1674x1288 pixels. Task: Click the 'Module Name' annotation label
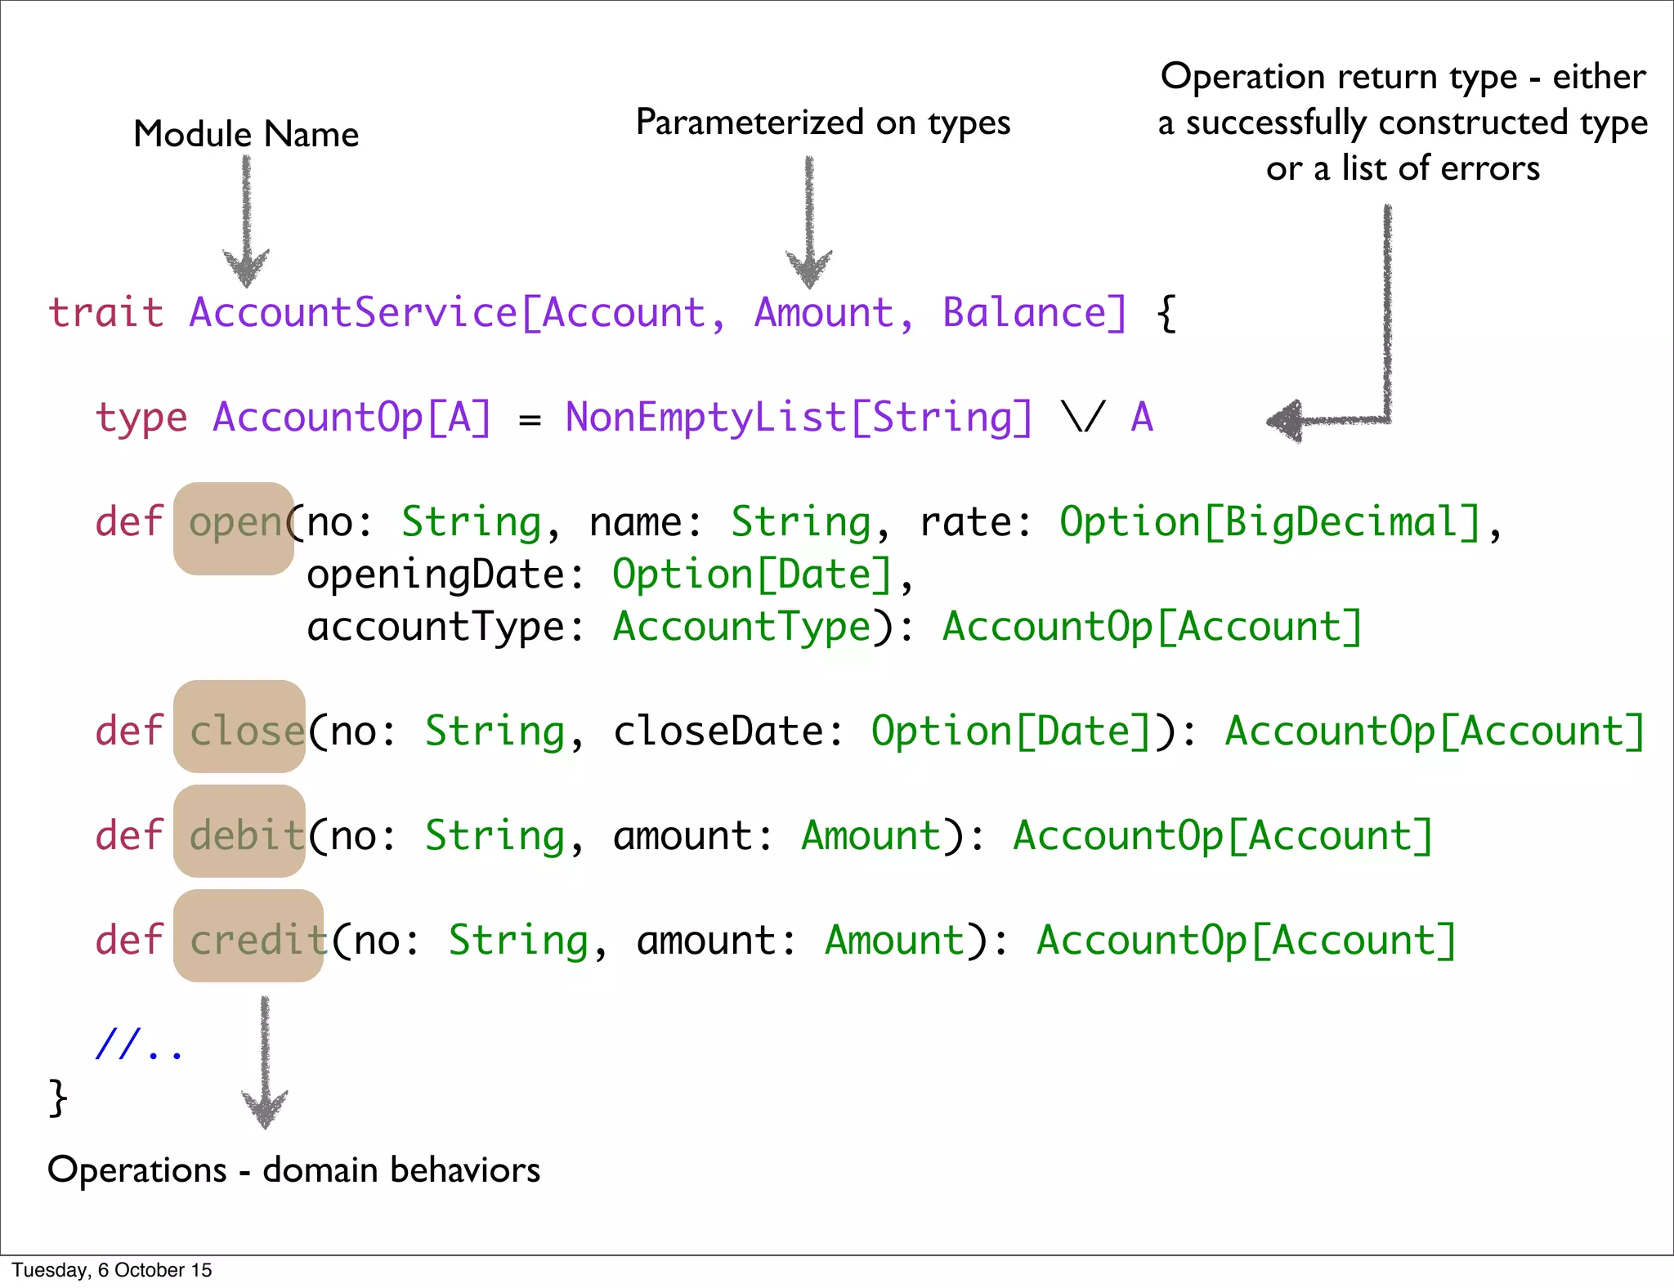246,134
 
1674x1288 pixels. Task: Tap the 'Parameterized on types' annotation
823,123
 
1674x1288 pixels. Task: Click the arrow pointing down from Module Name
246,221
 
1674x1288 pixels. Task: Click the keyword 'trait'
105,313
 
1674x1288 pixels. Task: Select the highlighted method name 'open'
235,523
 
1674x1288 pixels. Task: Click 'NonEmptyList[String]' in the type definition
799,418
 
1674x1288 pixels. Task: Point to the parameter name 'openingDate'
435,575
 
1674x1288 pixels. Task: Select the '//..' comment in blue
139,1044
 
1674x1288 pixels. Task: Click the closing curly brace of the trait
58,1097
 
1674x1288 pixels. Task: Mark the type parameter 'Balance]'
1034,313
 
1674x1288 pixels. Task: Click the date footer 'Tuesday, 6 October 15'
112,1270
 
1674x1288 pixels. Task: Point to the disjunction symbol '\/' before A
1083,418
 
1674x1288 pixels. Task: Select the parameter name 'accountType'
435,627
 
